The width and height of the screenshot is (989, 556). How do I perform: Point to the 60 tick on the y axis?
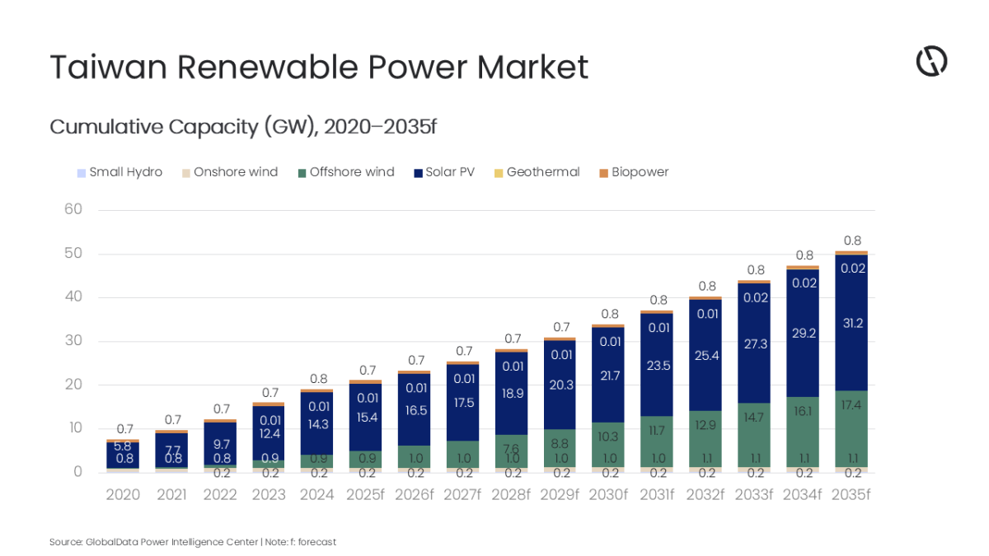pyautogui.click(x=73, y=209)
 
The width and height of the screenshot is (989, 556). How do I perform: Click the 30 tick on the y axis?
pyautogui.click(x=73, y=341)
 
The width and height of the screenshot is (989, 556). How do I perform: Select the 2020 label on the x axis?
pyautogui.click(x=123, y=495)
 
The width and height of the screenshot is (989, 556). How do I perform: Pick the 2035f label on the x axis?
pyautogui.click(x=851, y=495)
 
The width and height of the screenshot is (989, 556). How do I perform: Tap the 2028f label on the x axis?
pyautogui.click(x=511, y=495)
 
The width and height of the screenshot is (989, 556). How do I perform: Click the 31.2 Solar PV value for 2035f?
pyautogui.click(x=851, y=323)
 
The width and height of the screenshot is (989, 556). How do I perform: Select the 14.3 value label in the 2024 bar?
pyautogui.click(x=316, y=425)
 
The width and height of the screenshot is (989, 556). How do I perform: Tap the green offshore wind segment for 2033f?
pyautogui.click(x=754, y=428)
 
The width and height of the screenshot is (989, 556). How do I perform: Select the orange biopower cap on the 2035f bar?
pyautogui.click(x=851, y=253)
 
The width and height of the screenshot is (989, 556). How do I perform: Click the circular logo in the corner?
pyautogui.click(x=931, y=62)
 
